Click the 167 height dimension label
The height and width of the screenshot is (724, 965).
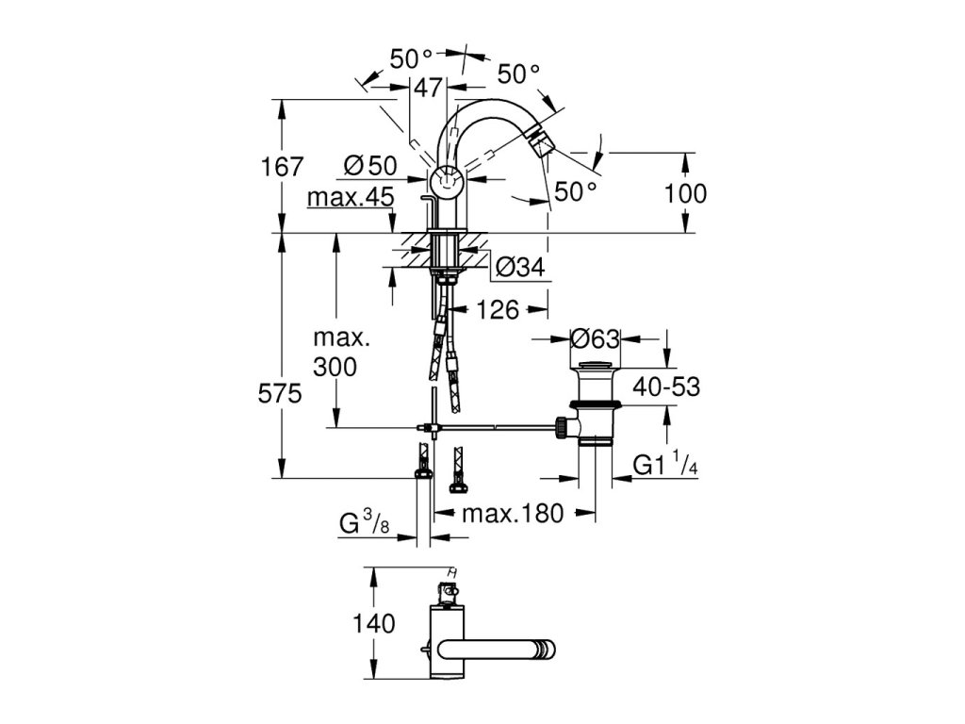282,167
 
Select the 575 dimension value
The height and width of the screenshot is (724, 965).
280,393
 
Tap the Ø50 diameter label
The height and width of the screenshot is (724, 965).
370,166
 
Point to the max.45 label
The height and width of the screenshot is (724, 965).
351,198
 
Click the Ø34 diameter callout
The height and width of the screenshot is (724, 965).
520,267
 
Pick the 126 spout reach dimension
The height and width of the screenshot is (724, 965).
498,309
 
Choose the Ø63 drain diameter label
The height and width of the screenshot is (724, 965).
595,338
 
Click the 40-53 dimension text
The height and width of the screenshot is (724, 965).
667,387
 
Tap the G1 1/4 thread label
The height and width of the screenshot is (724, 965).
665,464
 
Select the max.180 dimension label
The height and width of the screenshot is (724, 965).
513,513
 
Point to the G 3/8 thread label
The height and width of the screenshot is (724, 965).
365,524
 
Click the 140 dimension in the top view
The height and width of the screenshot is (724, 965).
373,624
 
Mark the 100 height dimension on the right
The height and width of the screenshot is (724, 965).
685,193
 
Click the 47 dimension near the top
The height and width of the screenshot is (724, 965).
428,88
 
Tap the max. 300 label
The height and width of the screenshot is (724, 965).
342,353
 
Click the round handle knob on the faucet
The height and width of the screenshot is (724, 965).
446,181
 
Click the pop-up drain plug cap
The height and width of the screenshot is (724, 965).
596,367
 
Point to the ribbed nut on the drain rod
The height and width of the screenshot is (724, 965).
562,427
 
